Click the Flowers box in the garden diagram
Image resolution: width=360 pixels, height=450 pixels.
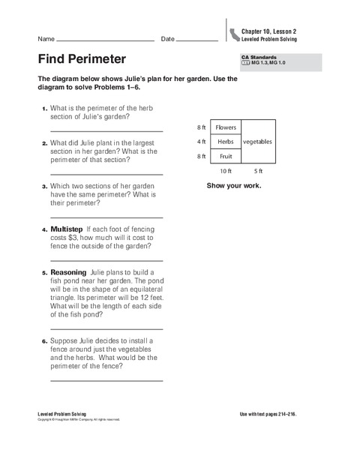click(226, 127)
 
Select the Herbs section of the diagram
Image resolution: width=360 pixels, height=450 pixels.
click(226, 141)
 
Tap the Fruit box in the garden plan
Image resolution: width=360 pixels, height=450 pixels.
click(226, 156)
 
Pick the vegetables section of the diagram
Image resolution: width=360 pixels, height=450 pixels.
click(257, 141)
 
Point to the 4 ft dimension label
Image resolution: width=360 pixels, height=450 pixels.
click(201, 141)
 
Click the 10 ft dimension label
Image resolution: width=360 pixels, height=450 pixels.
click(226, 171)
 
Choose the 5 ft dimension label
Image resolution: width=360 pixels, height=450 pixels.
click(258, 171)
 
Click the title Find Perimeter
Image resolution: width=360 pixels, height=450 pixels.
click(82, 58)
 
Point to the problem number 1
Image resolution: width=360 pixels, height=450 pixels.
click(44, 108)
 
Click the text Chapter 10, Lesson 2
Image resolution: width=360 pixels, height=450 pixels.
click(269, 31)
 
